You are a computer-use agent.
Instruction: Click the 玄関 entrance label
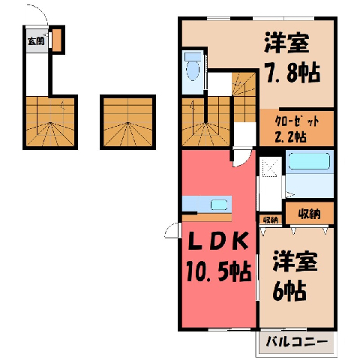click(36, 41)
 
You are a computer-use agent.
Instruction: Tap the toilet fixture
click(193, 67)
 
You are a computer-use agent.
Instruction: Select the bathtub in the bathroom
click(309, 161)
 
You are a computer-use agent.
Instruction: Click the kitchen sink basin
click(219, 205)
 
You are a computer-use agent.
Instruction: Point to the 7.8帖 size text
click(292, 73)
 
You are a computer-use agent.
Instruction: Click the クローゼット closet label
click(297, 122)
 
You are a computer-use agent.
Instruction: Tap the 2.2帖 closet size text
click(290, 136)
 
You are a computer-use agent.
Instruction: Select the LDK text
click(218, 241)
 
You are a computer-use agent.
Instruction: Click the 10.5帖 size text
click(218, 271)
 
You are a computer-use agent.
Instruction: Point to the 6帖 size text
click(289, 291)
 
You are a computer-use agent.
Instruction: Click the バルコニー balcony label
click(297, 342)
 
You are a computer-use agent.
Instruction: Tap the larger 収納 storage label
click(310, 214)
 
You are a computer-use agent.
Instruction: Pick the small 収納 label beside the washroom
click(271, 220)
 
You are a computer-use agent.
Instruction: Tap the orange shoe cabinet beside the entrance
click(57, 40)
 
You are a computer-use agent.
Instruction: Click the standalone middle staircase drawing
click(127, 122)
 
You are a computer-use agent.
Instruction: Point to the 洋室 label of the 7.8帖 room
click(286, 43)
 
